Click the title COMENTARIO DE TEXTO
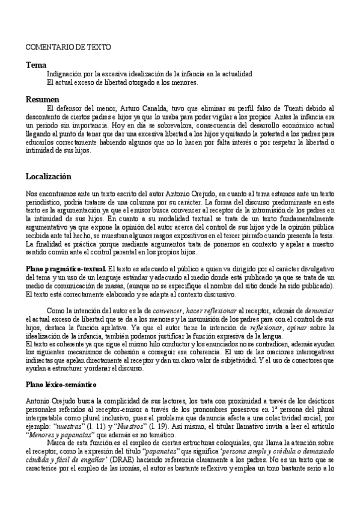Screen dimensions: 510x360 tap(59, 46)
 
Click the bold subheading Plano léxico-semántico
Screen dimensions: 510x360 tap(60, 382)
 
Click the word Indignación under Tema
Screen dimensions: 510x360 tap(66, 73)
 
